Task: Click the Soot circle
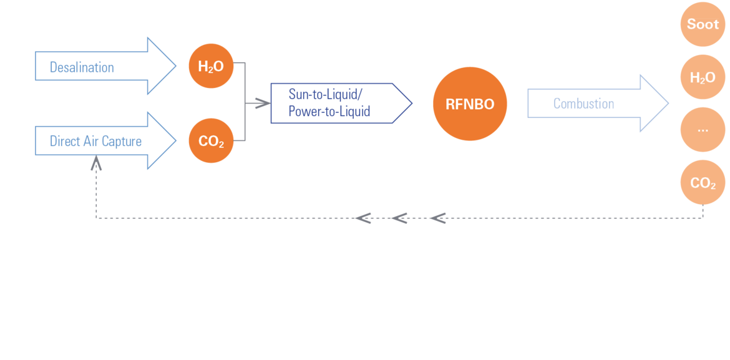pos(703,24)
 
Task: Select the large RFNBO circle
pos(470,104)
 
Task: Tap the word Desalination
pos(82,67)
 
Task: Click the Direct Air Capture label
pos(95,141)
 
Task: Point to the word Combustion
pos(584,104)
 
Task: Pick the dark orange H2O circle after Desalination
pos(211,66)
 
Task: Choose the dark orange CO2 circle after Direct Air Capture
pos(211,140)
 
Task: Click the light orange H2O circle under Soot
pos(703,77)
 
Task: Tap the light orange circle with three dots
pos(703,130)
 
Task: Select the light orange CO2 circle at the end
pos(703,182)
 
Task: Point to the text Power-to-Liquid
pos(329,112)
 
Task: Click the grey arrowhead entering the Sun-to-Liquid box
pos(263,104)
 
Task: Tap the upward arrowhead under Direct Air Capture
pos(96,163)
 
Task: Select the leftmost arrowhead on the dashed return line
pos(363,218)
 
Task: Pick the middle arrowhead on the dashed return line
pos(399,218)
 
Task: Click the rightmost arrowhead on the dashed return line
pos(437,218)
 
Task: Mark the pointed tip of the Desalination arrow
pos(175,66)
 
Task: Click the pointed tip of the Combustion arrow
pos(668,104)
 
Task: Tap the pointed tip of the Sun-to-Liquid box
pos(412,104)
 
